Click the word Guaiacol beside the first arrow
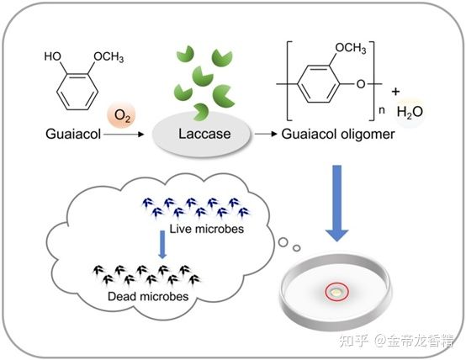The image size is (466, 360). pos(73,134)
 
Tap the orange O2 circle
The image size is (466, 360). pos(122,115)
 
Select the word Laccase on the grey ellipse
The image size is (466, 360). pos(204,134)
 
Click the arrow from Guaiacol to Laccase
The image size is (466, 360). pos(124,135)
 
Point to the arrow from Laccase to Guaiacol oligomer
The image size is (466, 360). pos(266,134)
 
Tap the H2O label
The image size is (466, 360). pos(410,113)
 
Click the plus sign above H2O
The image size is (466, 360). pos(395,92)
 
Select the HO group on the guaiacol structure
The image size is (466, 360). pos(53,56)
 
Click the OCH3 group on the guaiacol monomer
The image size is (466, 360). pos(109,57)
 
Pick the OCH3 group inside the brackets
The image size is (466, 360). pos(351,48)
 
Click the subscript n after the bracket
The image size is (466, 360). pos(382,110)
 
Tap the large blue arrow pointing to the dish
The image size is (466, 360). pos(337,203)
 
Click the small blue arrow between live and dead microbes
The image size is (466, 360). pos(162,245)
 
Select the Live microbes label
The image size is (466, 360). pos(207,229)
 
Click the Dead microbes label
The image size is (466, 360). pos(148,296)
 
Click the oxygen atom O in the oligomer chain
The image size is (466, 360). pos(361,84)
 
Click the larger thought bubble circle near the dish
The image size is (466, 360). pos(283,242)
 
